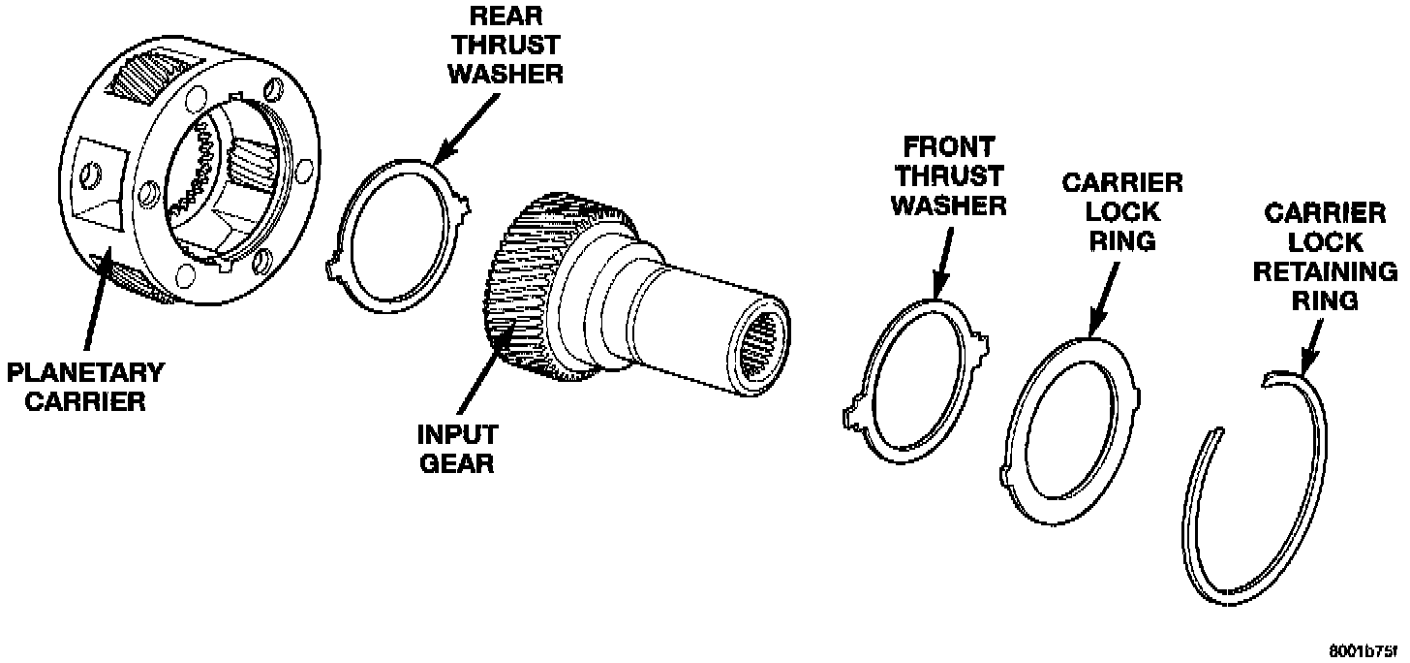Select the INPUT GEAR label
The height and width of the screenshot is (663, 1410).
click(x=456, y=449)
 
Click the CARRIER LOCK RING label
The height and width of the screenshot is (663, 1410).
click(x=1122, y=210)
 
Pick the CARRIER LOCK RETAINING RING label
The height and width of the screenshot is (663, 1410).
click(x=1325, y=256)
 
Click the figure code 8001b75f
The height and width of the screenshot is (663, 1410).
click(x=1367, y=650)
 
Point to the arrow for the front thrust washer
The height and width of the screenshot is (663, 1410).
click(x=944, y=262)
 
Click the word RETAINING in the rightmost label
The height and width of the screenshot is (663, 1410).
click(x=1325, y=271)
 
